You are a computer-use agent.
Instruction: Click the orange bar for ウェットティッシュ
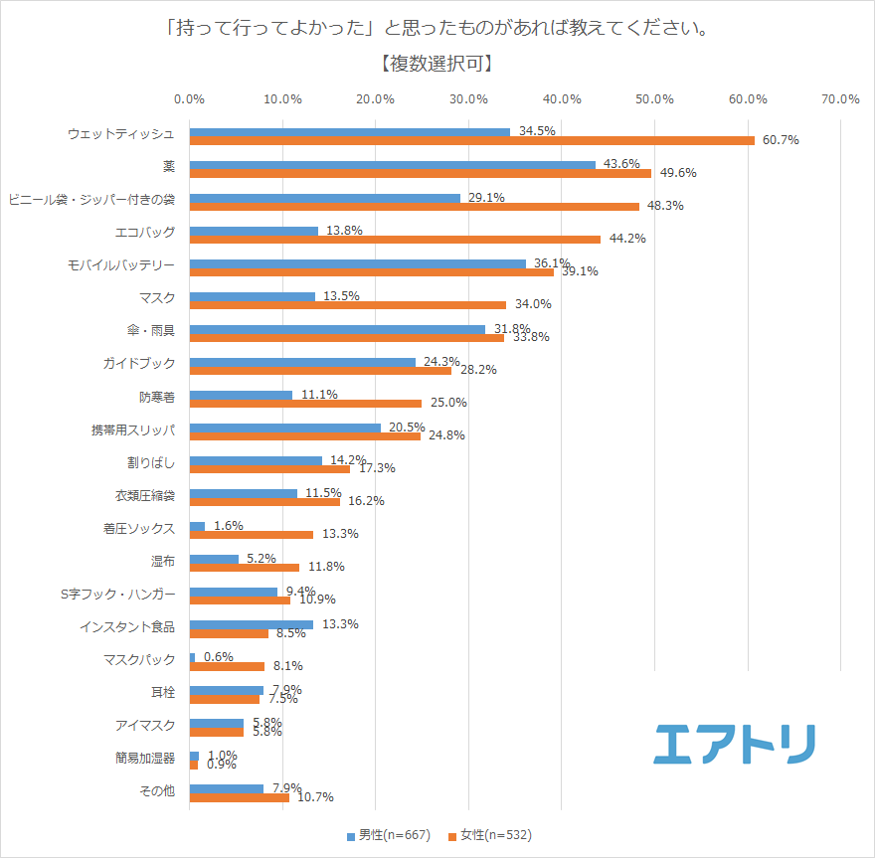pyautogui.click(x=472, y=140)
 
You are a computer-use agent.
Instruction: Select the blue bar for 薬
pyautogui.click(x=393, y=164)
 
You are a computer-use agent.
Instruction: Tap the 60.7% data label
pyautogui.click(x=781, y=140)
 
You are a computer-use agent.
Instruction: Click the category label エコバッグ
pyautogui.click(x=145, y=232)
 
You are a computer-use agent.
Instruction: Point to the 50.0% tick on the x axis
pyautogui.click(x=655, y=98)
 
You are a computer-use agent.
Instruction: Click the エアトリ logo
pyautogui.click(x=735, y=744)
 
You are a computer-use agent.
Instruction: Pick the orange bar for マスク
pyautogui.click(x=348, y=304)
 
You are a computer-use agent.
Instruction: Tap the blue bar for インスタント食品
pyautogui.click(x=252, y=624)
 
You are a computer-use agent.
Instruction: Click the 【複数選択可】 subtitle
pyautogui.click(x=437, y=64)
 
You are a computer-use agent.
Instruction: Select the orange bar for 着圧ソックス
pyautogui.click(x=252, y=534)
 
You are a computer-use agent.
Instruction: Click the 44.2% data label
pyautogui.click(x=627, y=239)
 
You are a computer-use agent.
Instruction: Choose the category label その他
pyautogui.click(x=158, y=790)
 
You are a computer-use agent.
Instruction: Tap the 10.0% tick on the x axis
pyautogui.click(x=282, y=98)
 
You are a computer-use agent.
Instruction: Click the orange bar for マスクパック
pyautogui.click(x=227, y=666)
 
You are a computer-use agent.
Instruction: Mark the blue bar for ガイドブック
pyautogui.click(x=302, y=362)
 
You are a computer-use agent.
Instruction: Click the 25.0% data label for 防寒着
pyautogui.click(x=447, y=403)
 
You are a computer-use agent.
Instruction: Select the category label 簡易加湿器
pyautogui.click(x=145, y=758)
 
